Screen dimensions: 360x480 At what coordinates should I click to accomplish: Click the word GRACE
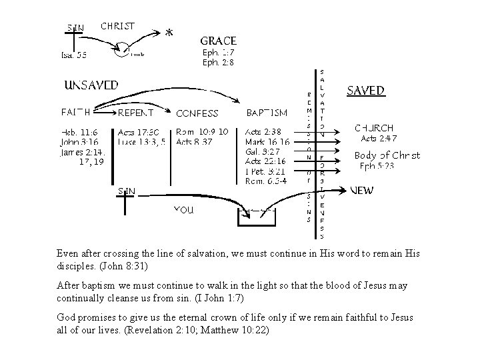219,40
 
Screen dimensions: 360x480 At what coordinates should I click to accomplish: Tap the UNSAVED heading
91,85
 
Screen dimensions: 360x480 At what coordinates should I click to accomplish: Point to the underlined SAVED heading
366,91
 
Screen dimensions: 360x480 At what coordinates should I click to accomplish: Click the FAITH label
77,113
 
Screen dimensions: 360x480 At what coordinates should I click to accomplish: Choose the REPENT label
137,113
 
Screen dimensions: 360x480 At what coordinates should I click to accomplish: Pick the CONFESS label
197,113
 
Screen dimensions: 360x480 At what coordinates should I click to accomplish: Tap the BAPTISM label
267,113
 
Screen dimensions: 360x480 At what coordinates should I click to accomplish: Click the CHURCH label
374,127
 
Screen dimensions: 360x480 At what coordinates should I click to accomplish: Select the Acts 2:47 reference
379,139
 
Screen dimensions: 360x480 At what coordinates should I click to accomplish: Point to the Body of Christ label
387,155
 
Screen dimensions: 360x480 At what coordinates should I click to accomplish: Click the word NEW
362,190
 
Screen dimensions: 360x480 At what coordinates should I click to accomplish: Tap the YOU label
183,209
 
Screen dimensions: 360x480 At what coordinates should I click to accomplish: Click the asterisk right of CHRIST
169,33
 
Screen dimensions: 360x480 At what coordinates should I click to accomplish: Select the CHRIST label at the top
117,27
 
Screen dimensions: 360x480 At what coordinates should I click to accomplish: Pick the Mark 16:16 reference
267,141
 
